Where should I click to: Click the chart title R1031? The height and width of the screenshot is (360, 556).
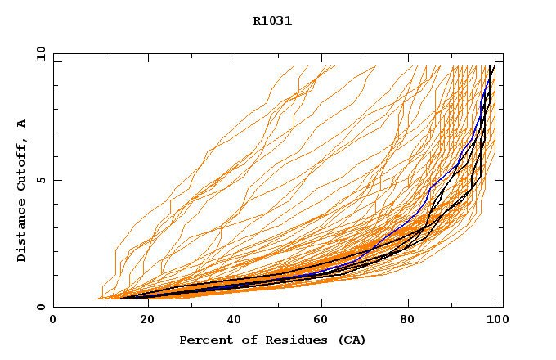tap(272, 21)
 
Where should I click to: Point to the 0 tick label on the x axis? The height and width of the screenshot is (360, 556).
tap(53, 320)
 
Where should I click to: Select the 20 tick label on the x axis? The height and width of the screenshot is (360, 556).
tap(142, 320)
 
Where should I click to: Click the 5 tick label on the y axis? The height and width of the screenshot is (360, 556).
tap(40, 180)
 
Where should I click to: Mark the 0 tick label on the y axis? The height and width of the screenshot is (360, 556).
tap(40, 307)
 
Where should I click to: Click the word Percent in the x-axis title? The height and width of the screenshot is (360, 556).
tap(202, 340)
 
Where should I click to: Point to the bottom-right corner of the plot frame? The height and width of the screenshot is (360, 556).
tap(503, 307)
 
